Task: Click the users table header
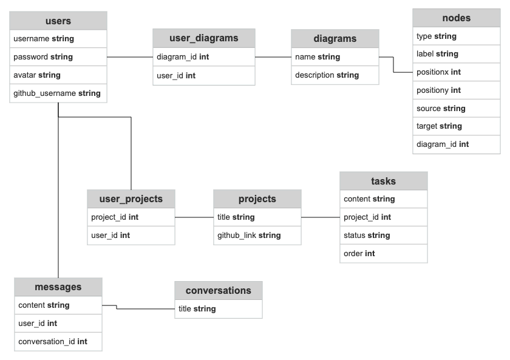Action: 58,21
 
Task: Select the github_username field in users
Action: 57,93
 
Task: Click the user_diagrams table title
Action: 203,38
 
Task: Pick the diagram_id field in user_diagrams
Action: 183,57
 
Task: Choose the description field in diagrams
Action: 327,75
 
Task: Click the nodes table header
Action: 456,18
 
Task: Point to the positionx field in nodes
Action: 438,72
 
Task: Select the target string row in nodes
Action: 439,126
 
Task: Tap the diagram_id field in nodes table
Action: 443,144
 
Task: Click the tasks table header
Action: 383,181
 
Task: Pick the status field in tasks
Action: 367,236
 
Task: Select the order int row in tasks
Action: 359,254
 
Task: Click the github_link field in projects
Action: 249,236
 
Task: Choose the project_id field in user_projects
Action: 115,217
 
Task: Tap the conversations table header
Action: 218,290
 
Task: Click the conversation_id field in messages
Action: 53,342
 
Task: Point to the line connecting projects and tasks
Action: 320,217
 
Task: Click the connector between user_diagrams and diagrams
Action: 273,57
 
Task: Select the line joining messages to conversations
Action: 146,309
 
